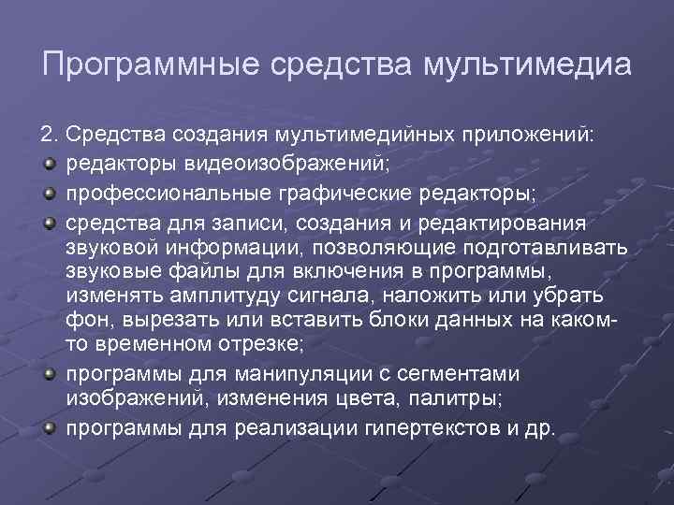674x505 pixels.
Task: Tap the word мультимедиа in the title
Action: (527, 66)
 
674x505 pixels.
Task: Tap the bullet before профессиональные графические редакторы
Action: (47, 193)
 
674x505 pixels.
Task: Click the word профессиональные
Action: (162, 193)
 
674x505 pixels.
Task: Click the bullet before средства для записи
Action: (47, 224)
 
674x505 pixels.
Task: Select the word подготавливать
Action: (551, 248)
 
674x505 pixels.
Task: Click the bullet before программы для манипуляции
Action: (47, 375)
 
